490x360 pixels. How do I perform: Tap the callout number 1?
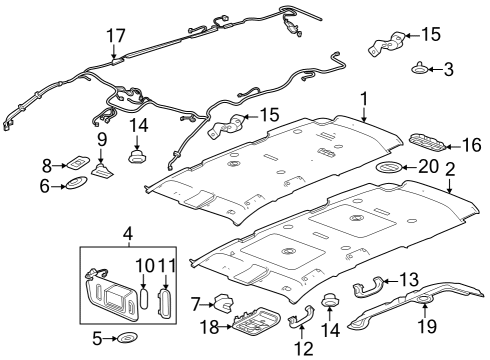tap(365, 100)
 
